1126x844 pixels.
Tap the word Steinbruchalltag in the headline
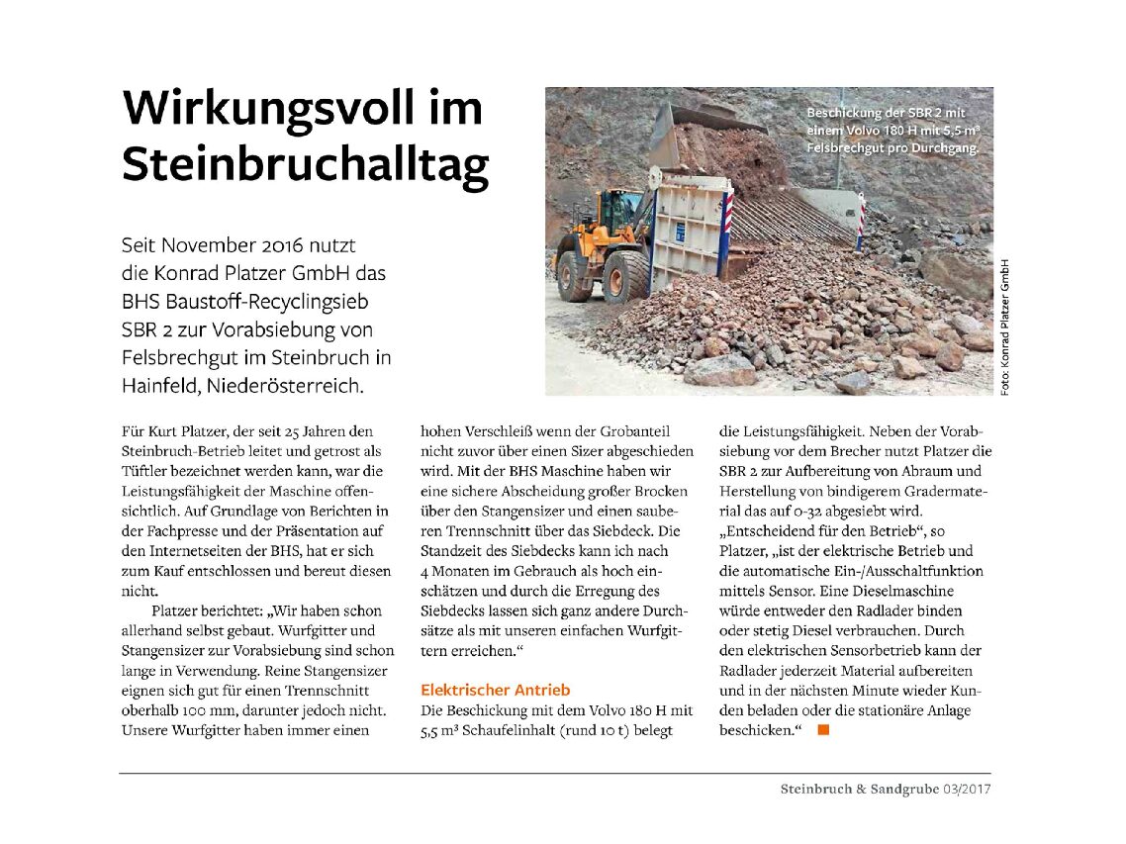(x=305, y=164)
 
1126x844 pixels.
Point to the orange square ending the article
(x=821, y=730)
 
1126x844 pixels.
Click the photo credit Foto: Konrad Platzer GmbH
(x=1005, y=327)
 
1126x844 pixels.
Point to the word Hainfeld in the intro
(x=158, y=385)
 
